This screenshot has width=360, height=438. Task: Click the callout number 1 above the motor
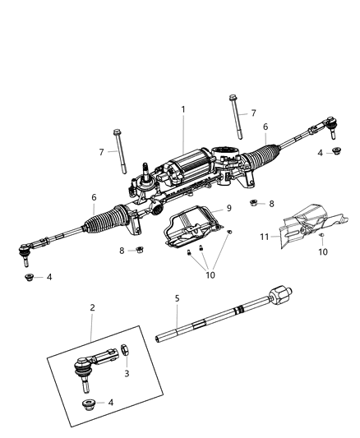click(182, 109)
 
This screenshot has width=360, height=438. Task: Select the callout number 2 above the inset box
click(92, 307)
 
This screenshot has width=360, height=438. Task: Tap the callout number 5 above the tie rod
click(176, 298)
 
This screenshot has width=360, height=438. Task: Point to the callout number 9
click(229, 208)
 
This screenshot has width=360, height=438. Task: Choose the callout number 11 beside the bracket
click(265, 236)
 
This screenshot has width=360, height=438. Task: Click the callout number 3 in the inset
click(126, 373)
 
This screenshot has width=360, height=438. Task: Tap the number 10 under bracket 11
click(323, 252)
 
